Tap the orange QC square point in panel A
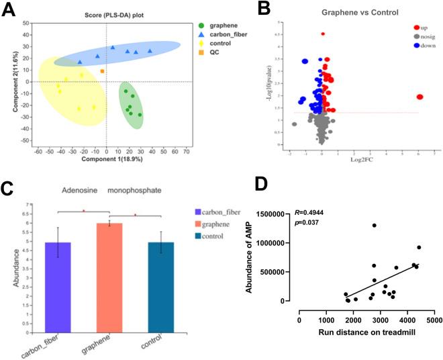point(102,71)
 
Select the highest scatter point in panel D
point(374,225)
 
